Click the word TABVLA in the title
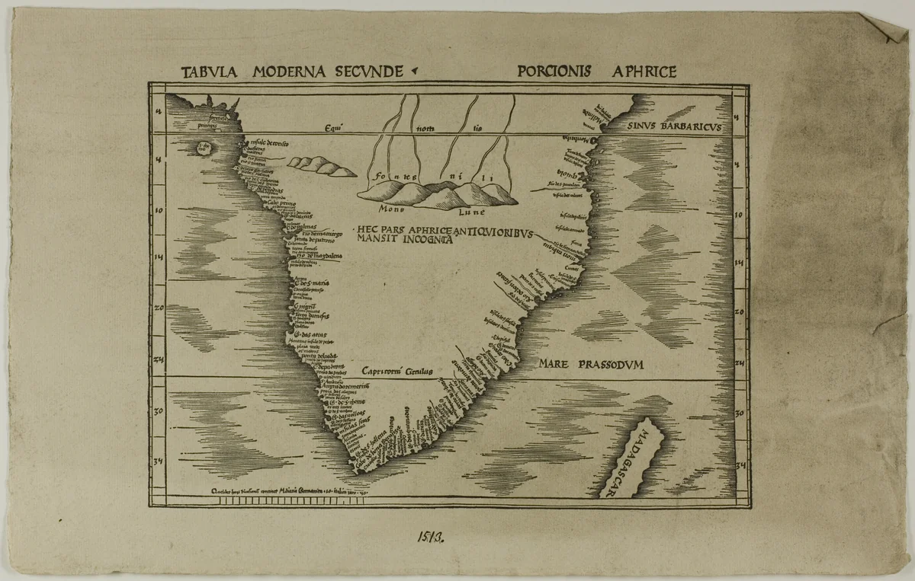(x=210, y=72)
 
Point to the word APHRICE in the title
(x=645, y=72)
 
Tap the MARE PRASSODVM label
(x=591, y=365)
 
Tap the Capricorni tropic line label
(x=396, y=372)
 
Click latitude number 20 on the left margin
(x=159, y=308)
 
